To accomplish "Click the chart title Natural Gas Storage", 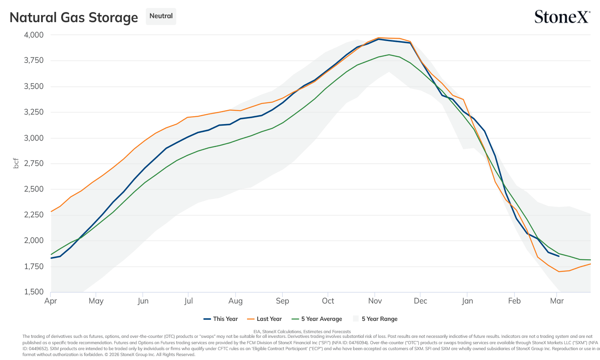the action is coord(74,17).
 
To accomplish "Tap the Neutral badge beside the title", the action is coord(161,16).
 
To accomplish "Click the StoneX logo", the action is coord(562,17).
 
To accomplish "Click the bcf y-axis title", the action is coord(16,163).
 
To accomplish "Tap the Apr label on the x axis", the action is coord(51,301).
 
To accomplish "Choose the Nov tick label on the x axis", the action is coord(375,301).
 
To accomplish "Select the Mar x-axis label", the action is coord(557,301).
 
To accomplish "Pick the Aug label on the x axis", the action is coord(236,301).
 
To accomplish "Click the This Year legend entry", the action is coord(221,319).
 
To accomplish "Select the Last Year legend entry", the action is coord(264,319).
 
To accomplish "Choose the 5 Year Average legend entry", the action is coord(317,319).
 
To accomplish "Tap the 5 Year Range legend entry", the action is coord(375,319).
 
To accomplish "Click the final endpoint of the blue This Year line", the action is coord(559,256).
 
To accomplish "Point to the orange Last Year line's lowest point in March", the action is coord(559,271).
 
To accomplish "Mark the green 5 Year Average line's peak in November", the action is coord(389,55).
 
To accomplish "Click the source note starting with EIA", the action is coord(302,332).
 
